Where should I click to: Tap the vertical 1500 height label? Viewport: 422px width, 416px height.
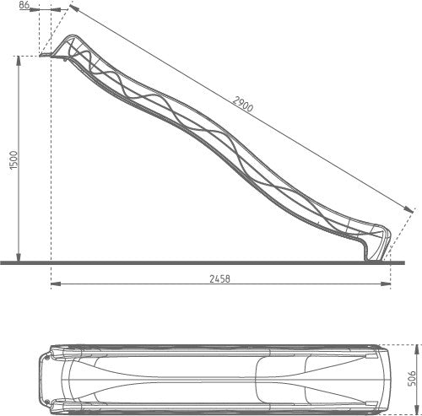click(11, 160)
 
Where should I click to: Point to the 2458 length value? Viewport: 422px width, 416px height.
click(219, 277)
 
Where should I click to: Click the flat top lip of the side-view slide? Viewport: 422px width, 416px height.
click(48, 57)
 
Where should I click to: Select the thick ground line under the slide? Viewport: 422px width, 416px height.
click(211, 262)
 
